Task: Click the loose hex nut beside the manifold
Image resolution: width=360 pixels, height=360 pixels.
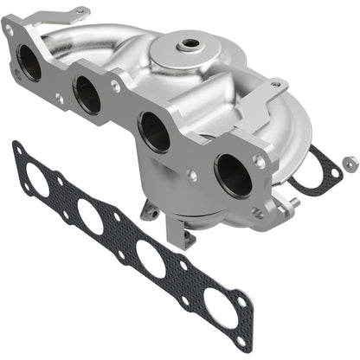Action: (349, 162)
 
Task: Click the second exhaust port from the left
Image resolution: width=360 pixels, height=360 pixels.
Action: (87, 95)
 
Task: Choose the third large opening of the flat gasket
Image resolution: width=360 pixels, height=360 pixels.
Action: (151, 257)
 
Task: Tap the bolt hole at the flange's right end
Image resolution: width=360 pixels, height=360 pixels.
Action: (259, 161)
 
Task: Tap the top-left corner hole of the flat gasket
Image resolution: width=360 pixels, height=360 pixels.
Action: (18, 149)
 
